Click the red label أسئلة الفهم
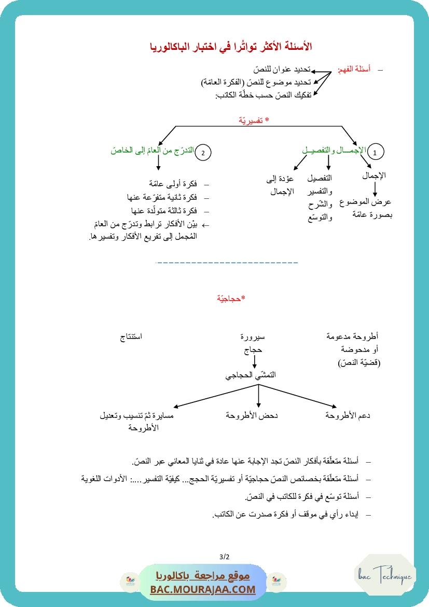pos(354,69)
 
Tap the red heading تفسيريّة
pos(254,120)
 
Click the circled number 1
pos(375,152)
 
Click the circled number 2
pos(203,152)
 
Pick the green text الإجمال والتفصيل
pos(334,150)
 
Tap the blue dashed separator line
pos(227,263)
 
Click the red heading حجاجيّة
pos(231,299)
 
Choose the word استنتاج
pos(131,336)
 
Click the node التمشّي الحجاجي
pos(251,374)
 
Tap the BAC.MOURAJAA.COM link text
pos(203,589)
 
